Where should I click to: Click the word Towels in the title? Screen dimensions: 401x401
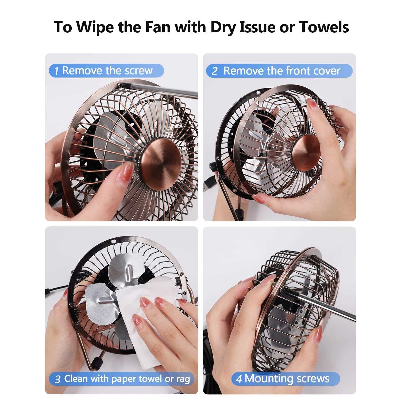[x=324, y=27]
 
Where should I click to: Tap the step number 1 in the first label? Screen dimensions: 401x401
[x=56, y=71]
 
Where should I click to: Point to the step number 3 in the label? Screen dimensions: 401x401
[x=57, y=379]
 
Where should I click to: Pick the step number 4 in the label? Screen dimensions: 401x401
[x=239, y=379]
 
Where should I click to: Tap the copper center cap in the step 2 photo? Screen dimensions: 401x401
[x=306, y=153]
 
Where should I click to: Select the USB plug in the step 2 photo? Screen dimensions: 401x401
[x=208, y=185]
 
